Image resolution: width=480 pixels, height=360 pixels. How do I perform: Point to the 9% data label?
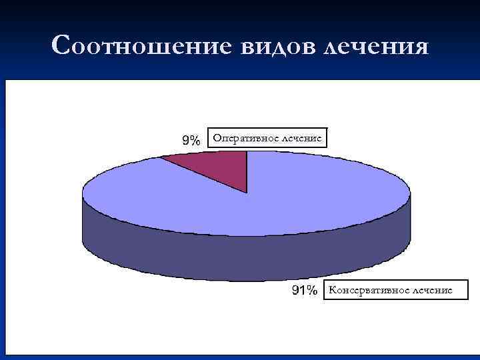[191, 140]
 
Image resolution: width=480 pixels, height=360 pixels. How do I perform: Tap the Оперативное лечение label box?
[267, 138]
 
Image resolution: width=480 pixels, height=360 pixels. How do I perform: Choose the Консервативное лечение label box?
[395, 290]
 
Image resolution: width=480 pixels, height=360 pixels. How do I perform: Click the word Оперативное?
[245, 138]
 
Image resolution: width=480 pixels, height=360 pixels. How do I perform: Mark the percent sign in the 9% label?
[195, 140]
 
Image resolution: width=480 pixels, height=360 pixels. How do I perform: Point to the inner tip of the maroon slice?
[247, 193]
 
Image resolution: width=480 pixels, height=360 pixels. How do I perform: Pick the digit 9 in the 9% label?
[186, 140]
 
